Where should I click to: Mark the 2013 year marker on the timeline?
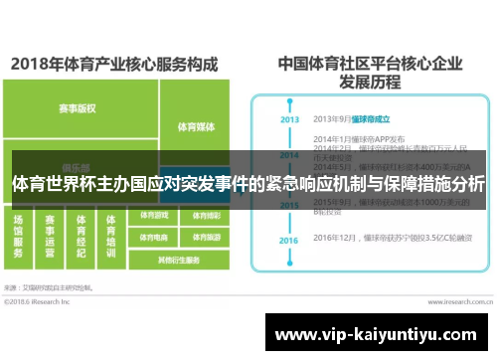pos(289,119)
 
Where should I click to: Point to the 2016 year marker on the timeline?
pos(289,241)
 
